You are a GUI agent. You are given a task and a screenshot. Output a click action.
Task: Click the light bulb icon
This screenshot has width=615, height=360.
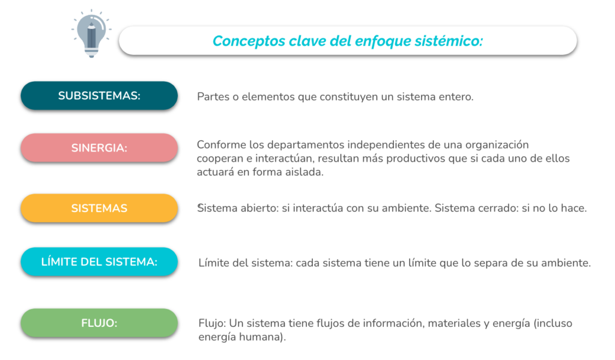pos(91,34)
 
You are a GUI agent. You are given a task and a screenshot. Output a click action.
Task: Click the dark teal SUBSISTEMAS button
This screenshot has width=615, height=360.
pos(99,96)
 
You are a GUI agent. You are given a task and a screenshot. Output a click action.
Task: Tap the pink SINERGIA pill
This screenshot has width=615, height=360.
pos(99,148)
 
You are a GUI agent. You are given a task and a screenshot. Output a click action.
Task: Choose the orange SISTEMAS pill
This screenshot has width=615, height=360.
pos(99,208)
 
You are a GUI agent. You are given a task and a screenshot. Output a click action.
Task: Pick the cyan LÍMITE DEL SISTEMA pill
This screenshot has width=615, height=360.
pos(99,262)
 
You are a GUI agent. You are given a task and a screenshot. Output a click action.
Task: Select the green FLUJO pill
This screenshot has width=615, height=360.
pos(99,323)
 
